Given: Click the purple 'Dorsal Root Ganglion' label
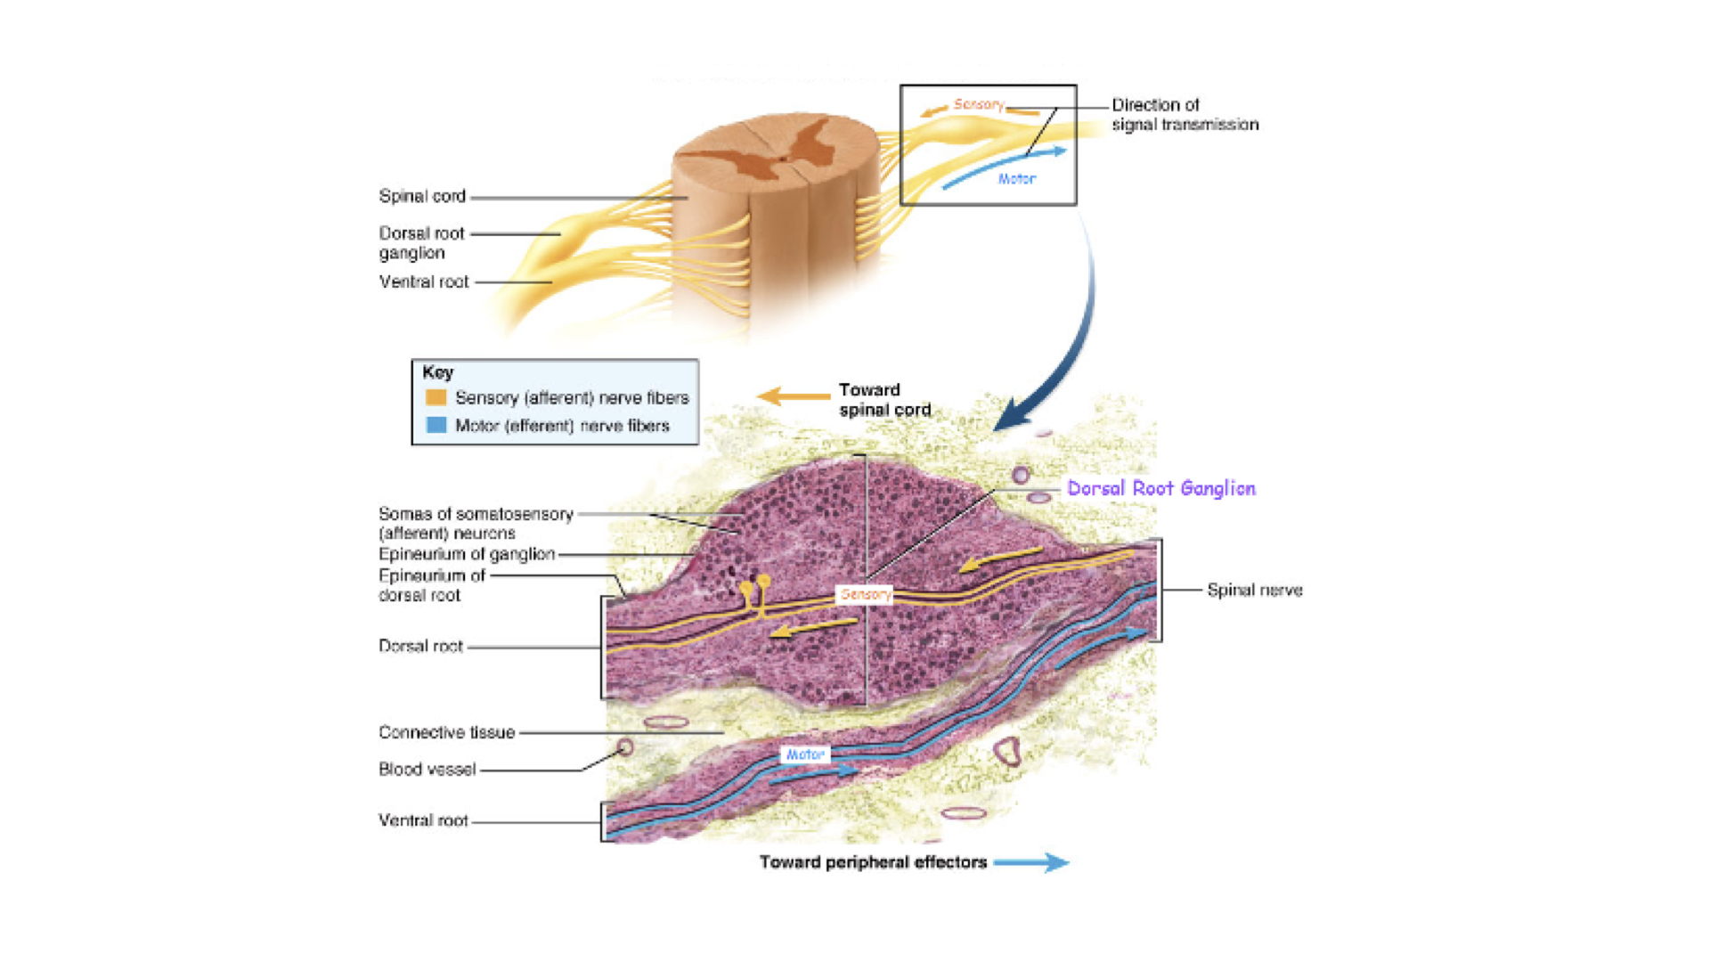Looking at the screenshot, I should click(1160, 488).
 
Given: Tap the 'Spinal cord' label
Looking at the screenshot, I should click(422, 196).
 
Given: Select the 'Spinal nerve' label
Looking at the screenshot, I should click(1254, 590).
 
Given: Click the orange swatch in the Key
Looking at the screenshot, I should click(436, 397).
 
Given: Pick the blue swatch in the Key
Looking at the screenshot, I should click(436, 425).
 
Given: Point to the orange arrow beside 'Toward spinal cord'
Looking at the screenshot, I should click(793, 395).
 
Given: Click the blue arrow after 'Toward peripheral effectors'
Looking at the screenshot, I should click(1031, 862).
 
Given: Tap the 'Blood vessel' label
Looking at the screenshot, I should click(427, 769).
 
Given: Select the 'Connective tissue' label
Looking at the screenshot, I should click(446, 732).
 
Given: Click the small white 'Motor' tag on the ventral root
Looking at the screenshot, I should click(805, 754).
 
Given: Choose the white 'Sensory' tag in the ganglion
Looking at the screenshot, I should click(865, 594).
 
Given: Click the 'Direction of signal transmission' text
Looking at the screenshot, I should click(1185, 115).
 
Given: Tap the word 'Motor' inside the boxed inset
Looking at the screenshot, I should click(1016, 179).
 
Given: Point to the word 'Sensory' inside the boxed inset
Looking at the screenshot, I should click(979, 104).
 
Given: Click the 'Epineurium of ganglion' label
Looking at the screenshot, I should click(467, 554).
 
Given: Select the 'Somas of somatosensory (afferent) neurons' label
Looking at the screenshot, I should click(476, 524).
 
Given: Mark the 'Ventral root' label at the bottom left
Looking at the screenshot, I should click(423, 820).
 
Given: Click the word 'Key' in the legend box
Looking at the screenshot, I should click(437, 372).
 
